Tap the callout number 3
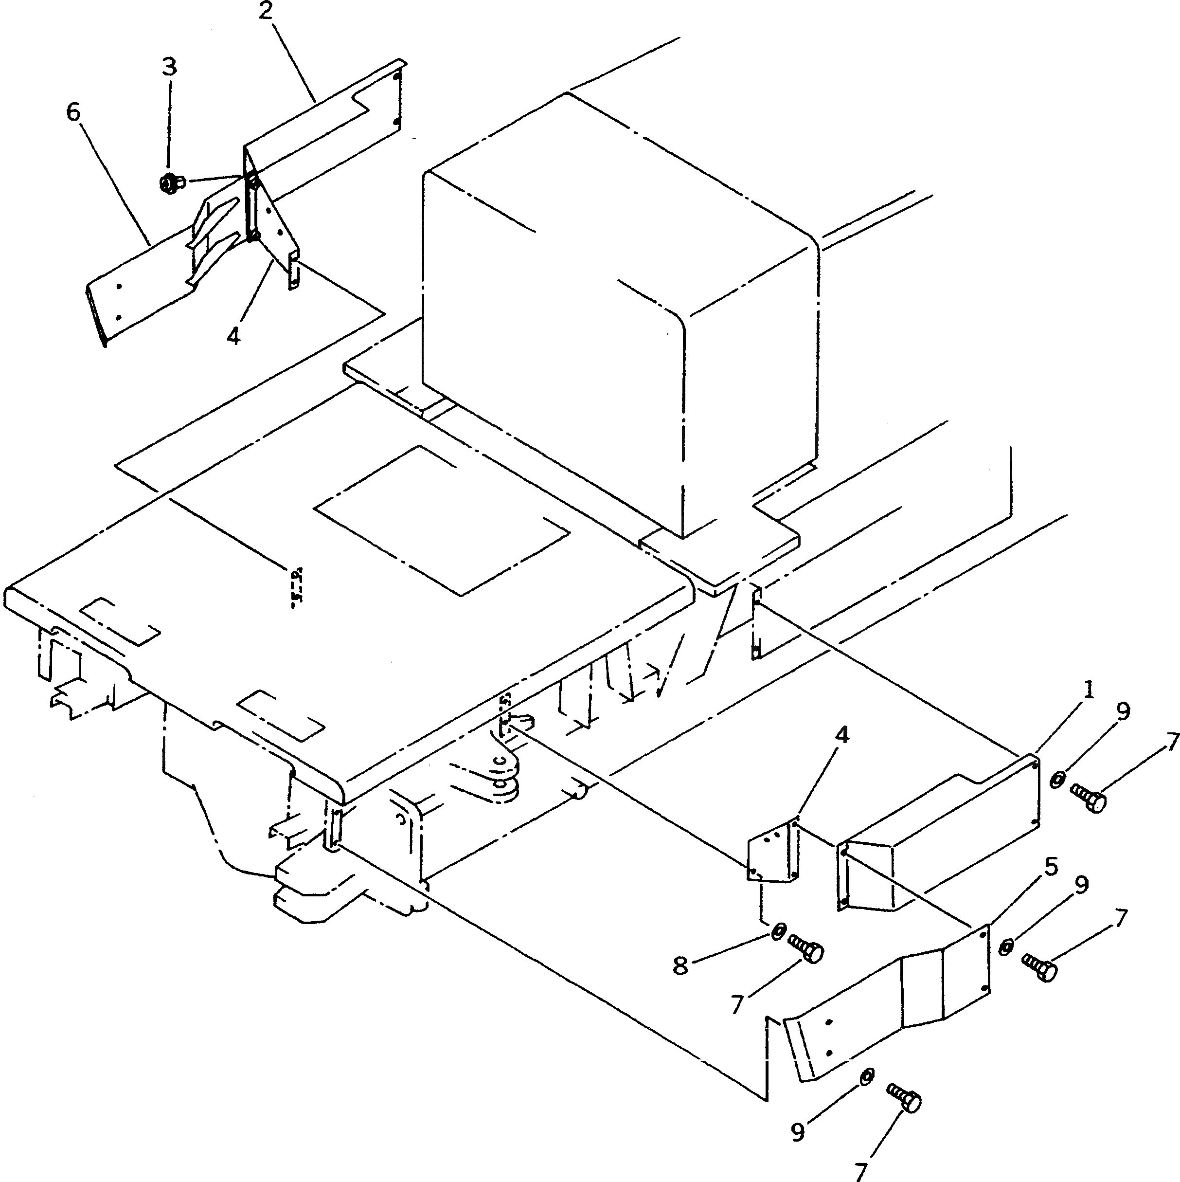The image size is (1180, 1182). [169, 66]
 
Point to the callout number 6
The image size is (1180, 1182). [73, 112]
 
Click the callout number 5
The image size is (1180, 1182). [1051, 868]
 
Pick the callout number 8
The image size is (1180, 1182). [680, 965]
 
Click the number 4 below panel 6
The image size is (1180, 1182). [233, 335]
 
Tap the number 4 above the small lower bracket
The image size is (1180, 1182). [842, 736]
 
